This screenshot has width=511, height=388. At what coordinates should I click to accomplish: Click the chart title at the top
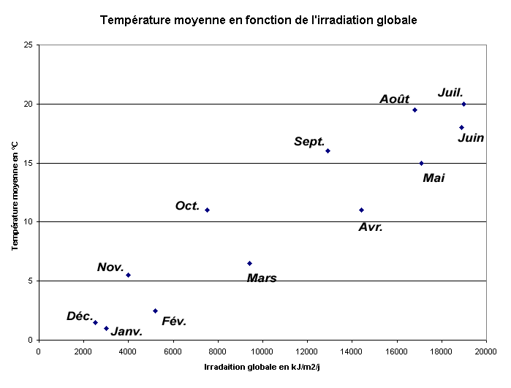(258, 20)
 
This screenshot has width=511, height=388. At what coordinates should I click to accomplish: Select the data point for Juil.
(463, 104)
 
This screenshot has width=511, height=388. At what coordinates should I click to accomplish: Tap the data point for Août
(415, 110)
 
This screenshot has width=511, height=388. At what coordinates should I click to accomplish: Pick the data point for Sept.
(328, 151)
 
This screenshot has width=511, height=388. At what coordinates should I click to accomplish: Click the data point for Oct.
(207, 210)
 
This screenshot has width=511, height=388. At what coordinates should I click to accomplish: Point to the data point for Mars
(249, 263)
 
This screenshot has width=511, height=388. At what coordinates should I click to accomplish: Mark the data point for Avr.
(361, 210)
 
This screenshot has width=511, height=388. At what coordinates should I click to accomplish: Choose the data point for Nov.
(128, 275)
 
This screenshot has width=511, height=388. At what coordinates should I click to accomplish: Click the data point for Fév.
(155, 311)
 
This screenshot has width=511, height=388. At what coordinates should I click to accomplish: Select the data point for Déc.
(95, 322)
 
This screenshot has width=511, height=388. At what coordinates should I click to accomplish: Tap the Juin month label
(471, 137)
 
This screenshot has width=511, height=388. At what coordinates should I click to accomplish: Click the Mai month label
(434, 178)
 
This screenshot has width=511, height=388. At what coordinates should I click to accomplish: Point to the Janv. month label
(126, 331)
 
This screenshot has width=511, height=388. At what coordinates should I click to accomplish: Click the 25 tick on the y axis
(29, 45)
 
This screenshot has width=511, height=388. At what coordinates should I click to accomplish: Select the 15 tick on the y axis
(29, 163)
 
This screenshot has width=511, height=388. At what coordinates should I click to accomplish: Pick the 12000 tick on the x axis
(307, 351)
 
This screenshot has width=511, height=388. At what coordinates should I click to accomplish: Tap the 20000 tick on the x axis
(485, 351)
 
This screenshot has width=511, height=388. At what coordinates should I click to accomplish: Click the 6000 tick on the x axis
(173, 351)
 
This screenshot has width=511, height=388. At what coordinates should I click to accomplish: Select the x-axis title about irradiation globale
(262, 366)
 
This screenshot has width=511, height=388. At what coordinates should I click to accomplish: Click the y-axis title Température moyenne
(15, 192)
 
